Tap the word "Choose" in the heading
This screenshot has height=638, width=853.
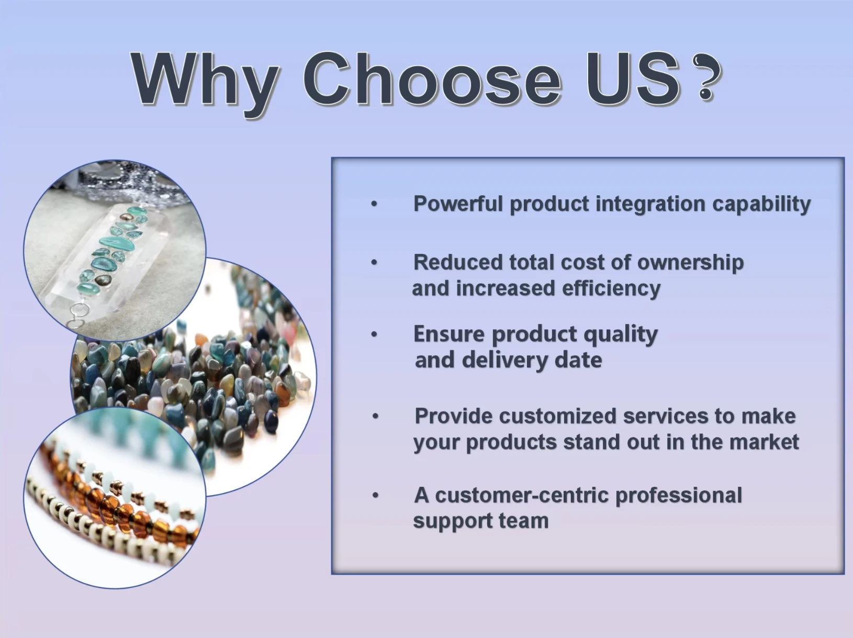point(432,79)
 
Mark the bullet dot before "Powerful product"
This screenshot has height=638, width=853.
point(374,204)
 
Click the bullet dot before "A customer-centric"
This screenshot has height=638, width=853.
point(375,496)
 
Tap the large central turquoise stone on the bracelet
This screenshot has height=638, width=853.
point(117,243)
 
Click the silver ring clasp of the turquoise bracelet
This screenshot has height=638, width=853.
point(79,310)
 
